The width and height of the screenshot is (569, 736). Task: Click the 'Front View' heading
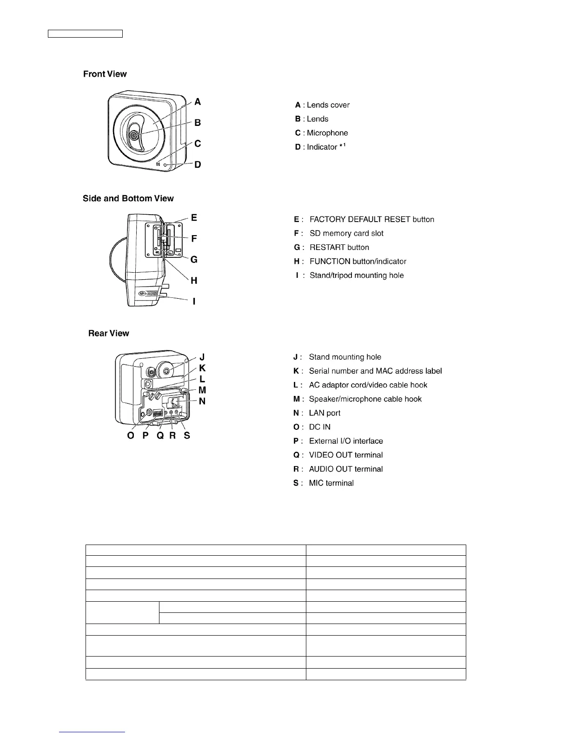(x=105, y=74)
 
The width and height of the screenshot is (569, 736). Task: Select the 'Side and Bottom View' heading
(x=128, y=198)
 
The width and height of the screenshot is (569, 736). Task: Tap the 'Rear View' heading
(x=109, y=333)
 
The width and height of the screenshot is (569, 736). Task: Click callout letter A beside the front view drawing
(x=198, y=102)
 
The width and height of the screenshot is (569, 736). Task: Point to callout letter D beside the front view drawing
(x=198, y=164)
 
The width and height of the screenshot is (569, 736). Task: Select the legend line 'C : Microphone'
(x=321, y=133)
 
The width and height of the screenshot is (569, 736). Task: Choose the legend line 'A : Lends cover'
(x=322, y=105)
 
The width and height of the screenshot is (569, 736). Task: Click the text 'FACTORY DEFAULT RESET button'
(x=371, y=219)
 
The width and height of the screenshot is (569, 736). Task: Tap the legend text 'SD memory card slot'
(x=346, y=233)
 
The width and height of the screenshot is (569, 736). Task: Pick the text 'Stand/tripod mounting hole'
(x=357, y=275)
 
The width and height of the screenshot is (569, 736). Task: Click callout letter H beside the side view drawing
(x=194, y=281)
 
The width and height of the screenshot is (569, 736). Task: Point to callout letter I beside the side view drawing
(x=194, y=302)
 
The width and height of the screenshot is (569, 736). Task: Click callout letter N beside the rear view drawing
(x=202, y=401)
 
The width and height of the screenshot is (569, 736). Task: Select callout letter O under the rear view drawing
(x=131, y=436)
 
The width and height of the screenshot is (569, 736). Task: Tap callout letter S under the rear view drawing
(x=187, y=436)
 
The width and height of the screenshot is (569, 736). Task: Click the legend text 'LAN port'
(x=324, y=413)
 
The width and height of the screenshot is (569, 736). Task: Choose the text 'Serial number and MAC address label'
(x=375, y=371)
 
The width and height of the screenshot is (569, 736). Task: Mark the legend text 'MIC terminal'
(x=331, y=483)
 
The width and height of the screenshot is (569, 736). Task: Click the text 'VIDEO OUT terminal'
(x=346, y=455)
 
